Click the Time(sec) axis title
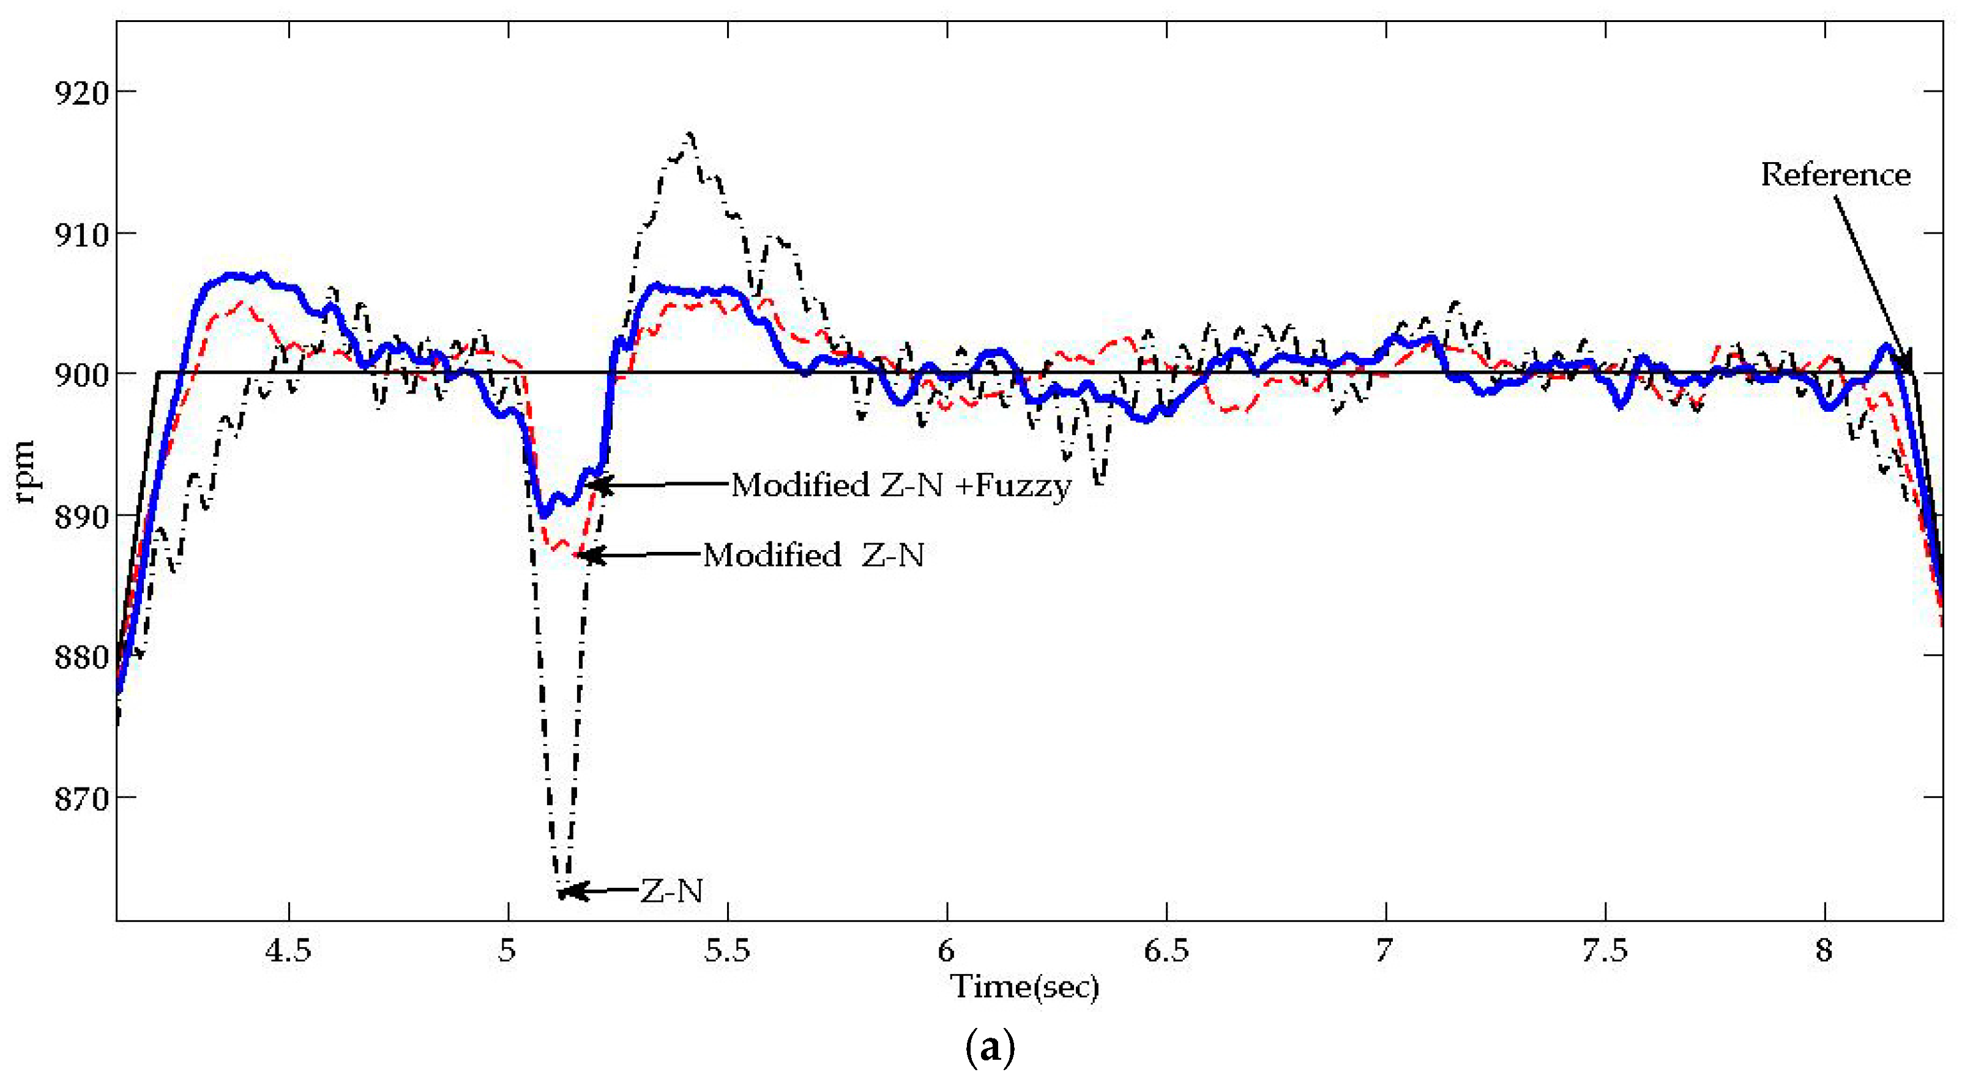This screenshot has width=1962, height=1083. coord(1024,988)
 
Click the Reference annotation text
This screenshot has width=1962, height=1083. coord(1835,175)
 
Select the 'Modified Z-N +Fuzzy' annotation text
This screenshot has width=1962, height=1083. coord(901,485)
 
